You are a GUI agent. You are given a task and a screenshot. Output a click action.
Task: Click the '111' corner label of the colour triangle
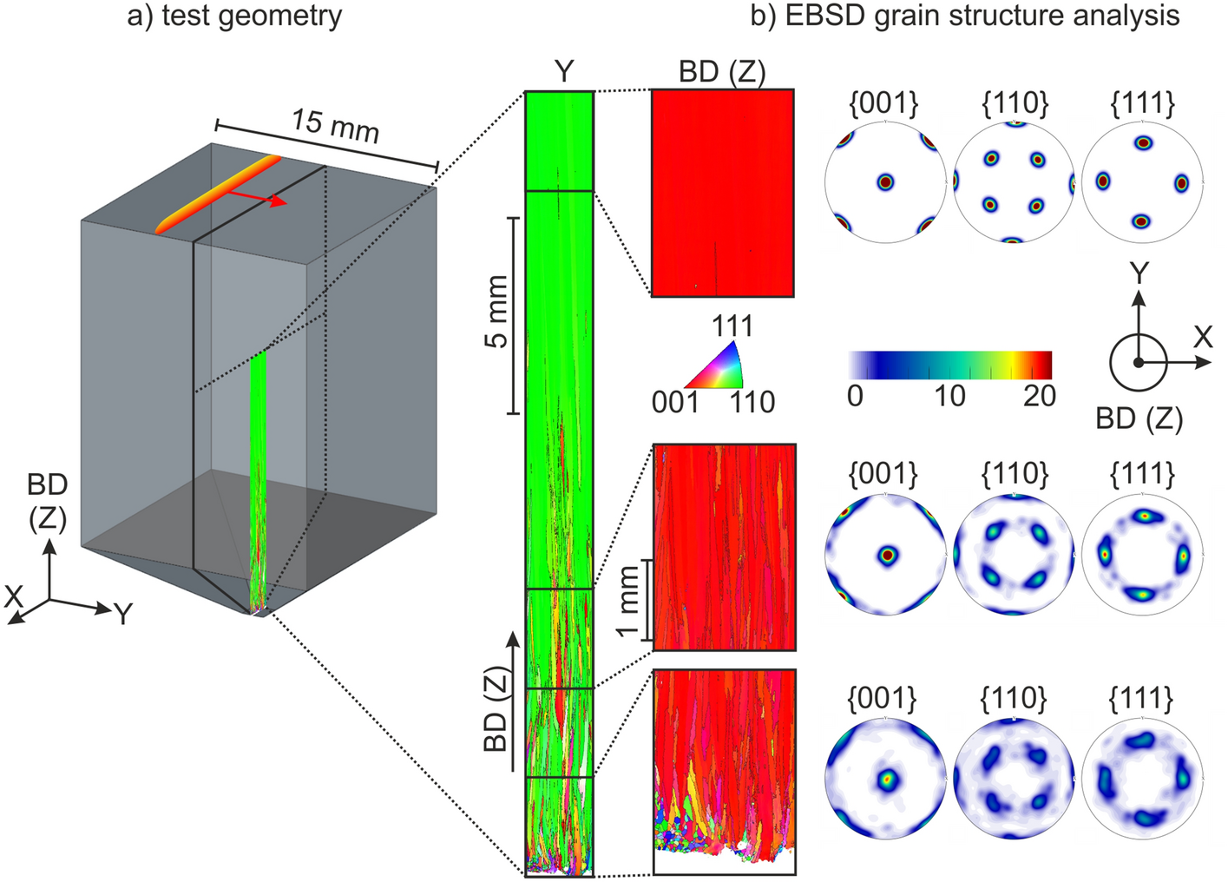732,327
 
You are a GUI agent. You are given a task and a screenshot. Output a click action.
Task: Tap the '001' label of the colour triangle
675,401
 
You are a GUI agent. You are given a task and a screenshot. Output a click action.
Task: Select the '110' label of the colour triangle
752,401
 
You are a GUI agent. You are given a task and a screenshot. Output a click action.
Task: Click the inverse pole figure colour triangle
719,367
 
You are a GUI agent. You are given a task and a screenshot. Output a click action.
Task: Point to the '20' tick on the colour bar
1039,396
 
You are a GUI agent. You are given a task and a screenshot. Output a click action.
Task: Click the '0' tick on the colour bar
855,396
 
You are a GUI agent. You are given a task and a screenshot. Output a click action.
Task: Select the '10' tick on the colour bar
949,396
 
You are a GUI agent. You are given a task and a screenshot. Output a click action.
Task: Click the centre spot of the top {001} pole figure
884,182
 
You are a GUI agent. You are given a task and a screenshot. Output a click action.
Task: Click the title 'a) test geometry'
234,16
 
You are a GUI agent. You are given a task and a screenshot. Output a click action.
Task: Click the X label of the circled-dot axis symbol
1203,337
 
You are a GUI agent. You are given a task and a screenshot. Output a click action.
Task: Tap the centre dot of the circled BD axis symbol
1139,362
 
